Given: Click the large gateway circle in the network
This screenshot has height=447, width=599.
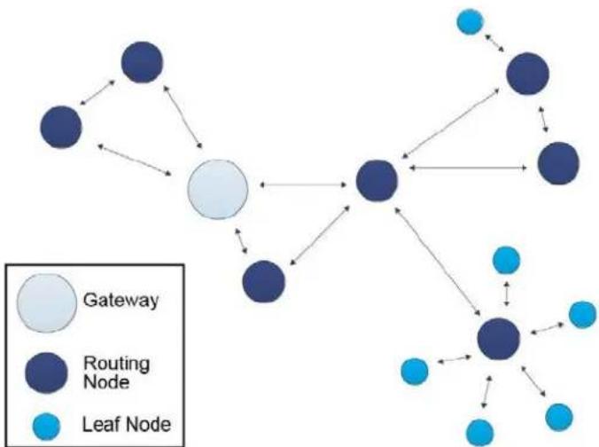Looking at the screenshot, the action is (x=218, y=189).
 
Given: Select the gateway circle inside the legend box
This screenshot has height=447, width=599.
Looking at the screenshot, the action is (x=47, y=303).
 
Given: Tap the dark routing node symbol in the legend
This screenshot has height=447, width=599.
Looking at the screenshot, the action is (x=46, y=372).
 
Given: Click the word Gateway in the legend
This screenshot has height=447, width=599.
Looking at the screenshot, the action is (x=121, y=300).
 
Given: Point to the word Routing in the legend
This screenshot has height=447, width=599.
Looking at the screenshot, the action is (x=116, y=364).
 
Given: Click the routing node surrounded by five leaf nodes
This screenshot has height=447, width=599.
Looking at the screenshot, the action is (x=499, y=339).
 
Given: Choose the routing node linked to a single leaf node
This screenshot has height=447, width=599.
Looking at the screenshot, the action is (x=528, y=74).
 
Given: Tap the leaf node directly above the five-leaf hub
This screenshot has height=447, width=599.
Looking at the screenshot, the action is (x=507, y=261).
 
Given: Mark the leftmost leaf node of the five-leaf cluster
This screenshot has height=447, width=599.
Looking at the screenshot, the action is (x=415, y=371).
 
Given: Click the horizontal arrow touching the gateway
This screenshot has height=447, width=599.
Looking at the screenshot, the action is (x=303, y=185).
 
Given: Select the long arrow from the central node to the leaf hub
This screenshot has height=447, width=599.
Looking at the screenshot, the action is (x=438, y=262).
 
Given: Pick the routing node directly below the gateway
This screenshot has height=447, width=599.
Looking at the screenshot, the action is (x=263, y=281).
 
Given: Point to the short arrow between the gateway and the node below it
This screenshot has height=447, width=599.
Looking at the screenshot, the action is (x=241, y=241).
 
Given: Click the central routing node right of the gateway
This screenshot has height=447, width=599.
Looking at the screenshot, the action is (x=377, y=180).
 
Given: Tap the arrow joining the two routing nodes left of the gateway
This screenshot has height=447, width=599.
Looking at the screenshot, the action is (x=97, y=92).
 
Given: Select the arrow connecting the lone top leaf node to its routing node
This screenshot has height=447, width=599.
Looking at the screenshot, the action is (x=494, y=43).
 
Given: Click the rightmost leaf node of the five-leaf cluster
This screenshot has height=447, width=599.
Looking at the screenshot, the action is (x=582, y=314).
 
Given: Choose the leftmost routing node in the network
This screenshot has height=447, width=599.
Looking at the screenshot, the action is (x=61, y=127).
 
